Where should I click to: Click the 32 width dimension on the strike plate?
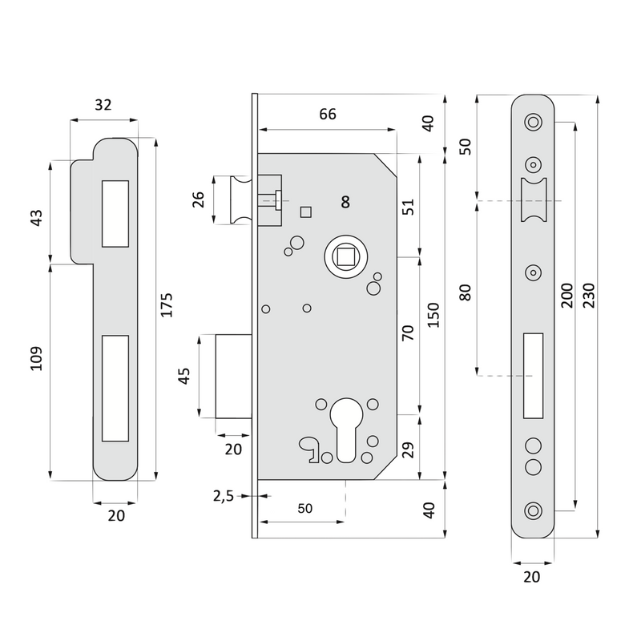[x=103, y=104]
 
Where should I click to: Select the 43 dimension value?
[x=36, y=218]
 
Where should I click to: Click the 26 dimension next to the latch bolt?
[x=197, y=200]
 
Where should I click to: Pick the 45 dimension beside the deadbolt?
[x=184, y=376]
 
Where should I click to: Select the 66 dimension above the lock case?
[x=327, y=114]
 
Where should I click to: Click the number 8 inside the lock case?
[x=345, y=202]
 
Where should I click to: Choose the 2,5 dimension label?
[x=223, y=497]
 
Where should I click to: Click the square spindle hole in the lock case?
[x=345, y=257]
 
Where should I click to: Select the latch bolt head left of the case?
[x=240, y=199]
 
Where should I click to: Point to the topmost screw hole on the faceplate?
[x=532, y=123]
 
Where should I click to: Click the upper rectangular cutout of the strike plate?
[x=115, y=214]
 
